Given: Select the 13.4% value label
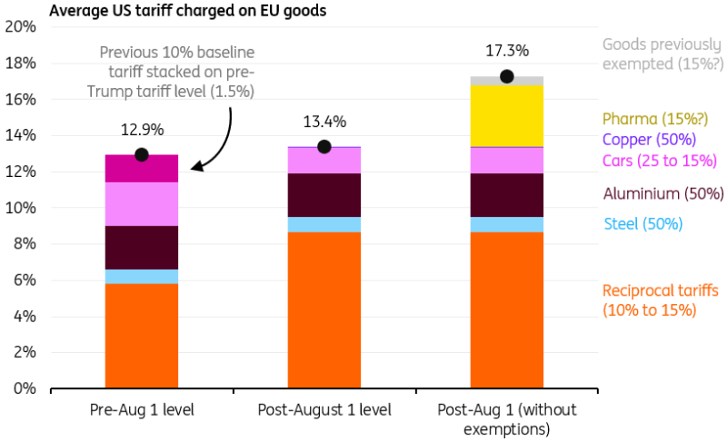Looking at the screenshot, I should (324, 122).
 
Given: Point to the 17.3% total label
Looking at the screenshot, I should (506, 52).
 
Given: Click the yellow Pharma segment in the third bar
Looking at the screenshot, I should (506, 115).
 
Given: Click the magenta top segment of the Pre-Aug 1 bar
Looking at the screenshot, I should (142, 169).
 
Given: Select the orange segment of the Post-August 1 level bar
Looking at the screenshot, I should (324, 309).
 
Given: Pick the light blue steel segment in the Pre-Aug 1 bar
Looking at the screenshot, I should (142, 277).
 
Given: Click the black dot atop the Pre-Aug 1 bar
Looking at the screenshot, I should (142, 154).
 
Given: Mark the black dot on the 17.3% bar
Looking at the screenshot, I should (506, 76).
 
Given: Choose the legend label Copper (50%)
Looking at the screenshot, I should (648, 140).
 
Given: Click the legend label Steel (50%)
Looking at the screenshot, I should (642, 224).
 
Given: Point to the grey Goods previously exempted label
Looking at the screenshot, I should (662, 54).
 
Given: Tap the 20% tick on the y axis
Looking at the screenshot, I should (21, 26).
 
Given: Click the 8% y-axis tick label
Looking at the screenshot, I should (25, 244).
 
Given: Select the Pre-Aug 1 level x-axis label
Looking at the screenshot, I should (142, 409).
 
